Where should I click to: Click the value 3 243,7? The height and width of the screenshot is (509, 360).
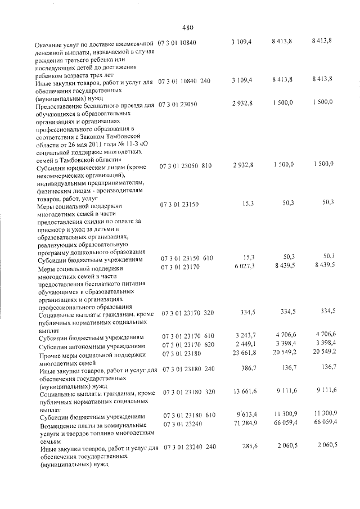(244, 337)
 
